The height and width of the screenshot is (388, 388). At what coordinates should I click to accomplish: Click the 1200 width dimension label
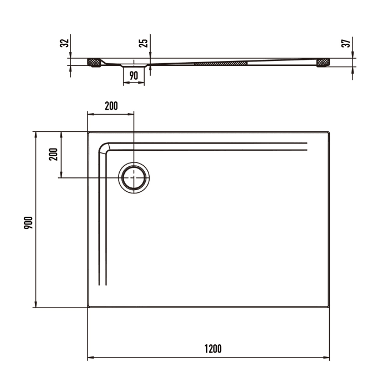click(213, 349)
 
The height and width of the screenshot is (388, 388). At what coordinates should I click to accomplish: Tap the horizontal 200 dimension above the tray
click(111, 106)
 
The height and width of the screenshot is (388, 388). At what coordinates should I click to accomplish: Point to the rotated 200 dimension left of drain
click(54, 154)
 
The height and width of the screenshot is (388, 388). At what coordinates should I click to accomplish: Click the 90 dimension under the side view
click(134, 75)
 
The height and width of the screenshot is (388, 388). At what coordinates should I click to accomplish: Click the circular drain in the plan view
click(134, 178)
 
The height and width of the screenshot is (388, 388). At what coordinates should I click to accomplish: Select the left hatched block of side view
click(94, 62)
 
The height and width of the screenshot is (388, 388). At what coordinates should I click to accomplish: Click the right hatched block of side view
click(323, 63)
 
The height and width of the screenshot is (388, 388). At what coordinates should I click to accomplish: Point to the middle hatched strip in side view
click(220, 63)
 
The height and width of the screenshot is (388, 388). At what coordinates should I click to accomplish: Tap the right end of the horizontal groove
click(307, 146)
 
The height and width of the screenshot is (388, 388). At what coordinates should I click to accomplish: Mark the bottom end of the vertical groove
click(102, 285)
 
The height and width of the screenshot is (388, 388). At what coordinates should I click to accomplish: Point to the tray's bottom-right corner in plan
click(329, 307)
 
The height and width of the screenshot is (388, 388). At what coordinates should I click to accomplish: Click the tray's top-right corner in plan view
click(329, 132)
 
